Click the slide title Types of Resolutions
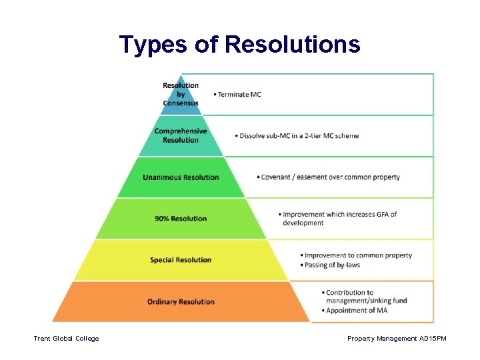click(x=239, y=45)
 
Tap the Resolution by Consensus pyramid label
click(x=181, y=94)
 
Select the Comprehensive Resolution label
click(x=181, y=135)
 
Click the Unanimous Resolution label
click(x=181, y=177)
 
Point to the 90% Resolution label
click(x=181, y=219)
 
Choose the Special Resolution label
click(x=181, y=260)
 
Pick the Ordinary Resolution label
click(x=181, y=302)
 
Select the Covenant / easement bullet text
click(x=330, y=177)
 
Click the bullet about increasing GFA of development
click(x=339, y=219)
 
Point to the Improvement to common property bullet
click(x=357, y=255)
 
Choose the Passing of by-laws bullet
click(x=332, y=265)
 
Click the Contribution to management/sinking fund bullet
click(x=366, y=297)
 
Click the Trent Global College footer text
click(x=66, y=339)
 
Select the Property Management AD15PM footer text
click(x=397, y=339)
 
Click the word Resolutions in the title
click(x=293, y=45)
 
